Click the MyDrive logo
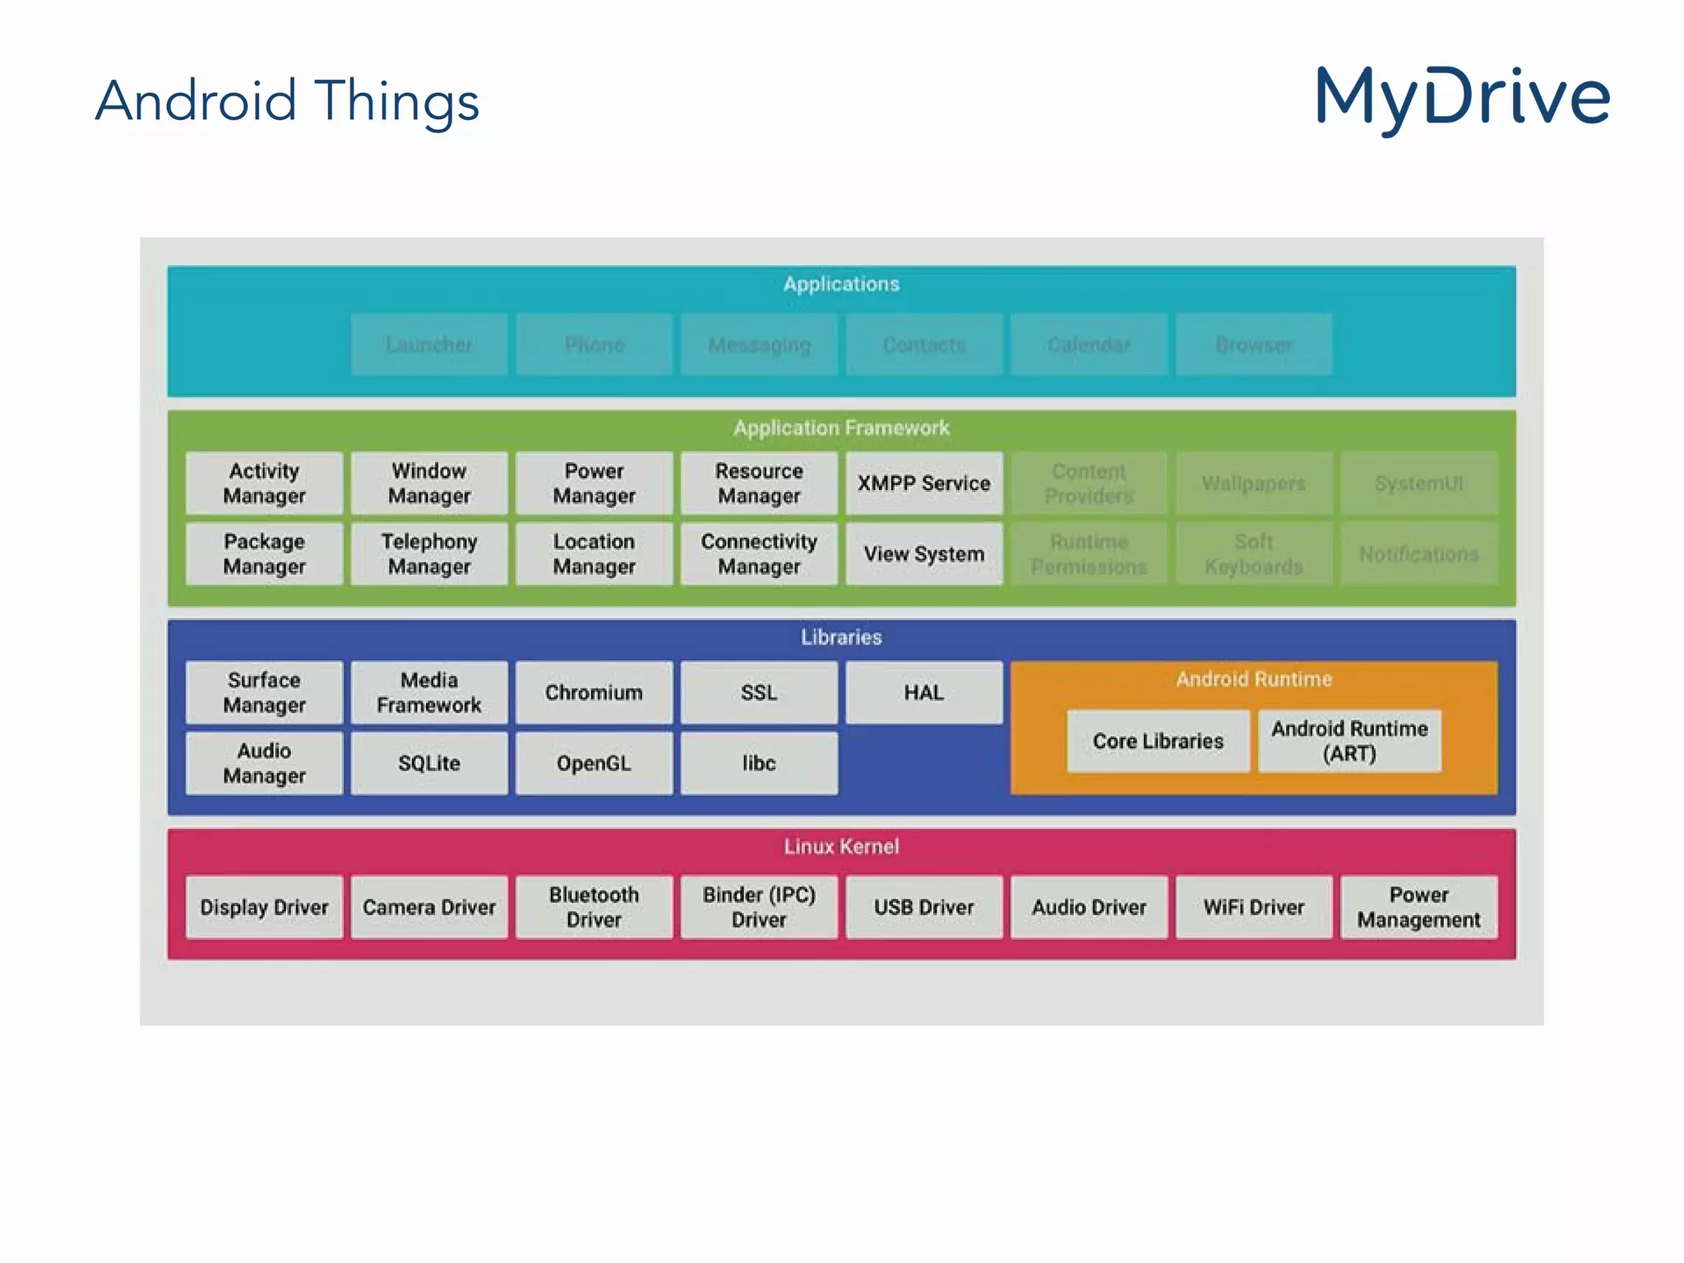(x=1462, y=99)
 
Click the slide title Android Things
(x=287, y=101)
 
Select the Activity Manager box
(x=264, y=483)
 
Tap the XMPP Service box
(x=923, y=483)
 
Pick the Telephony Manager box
(x=428, y=554)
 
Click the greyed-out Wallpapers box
(x=1253, y=483)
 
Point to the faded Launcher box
(x=428, y=345)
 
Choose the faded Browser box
(x=1253, y=345)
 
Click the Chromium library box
(x=594, y=692)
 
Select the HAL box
(x=923, y=692)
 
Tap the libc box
(x=758, y=763)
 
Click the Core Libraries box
(x=1158, y=741)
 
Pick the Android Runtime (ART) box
(x=1349, y=741)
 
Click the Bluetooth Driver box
(x=594, y=907)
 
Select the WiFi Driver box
(x=1253, y=907)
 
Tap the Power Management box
(x=1418, y=907)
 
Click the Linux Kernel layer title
(x=841, y=846)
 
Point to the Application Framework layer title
(x=841, y=428)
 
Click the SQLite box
(x=428, y=763)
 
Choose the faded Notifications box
(x=1418, y=554)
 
